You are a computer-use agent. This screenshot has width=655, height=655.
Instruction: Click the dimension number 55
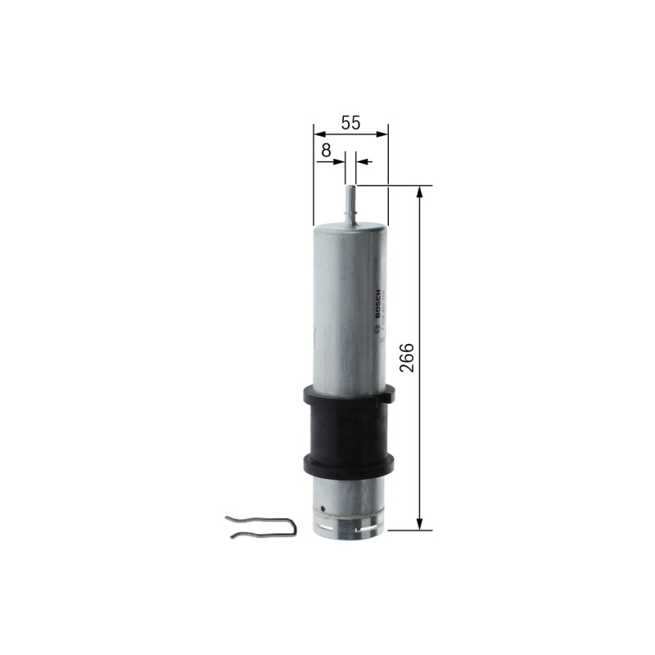[350, 123]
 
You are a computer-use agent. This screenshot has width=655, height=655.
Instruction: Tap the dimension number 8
[326, 150]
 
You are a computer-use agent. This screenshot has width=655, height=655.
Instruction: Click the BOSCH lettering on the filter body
[377, 305]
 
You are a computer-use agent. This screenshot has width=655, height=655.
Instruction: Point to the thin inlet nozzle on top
[350, 196]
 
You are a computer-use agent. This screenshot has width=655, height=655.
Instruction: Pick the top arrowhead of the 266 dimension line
[420, 192]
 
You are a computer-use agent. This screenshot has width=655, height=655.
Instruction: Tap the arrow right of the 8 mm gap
[362, 161]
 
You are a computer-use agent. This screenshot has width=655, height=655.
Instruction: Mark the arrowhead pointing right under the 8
[341, 161]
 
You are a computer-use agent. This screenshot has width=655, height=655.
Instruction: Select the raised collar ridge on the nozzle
[350, 214]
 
